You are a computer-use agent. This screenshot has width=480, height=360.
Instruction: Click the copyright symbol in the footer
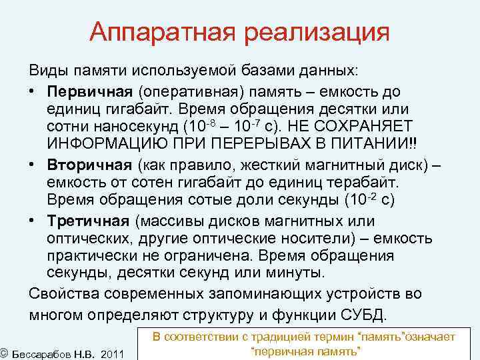(4, 351)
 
